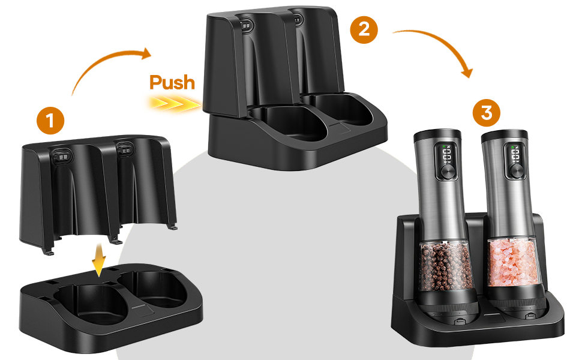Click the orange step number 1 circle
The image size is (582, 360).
[x=50, y=121]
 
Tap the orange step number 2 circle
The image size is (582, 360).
[x=364, y=29]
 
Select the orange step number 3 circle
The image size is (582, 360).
[x=486, y=112]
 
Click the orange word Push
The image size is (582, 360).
[x=172, y=82]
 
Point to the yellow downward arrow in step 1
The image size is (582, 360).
[x=98, y=260]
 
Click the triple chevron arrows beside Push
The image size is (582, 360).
[x=175, y=103]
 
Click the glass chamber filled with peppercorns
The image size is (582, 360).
[x=444, y=266]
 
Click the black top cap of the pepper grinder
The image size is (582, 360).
[x=437, y=136]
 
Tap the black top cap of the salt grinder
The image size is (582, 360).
[x=505, y=137]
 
